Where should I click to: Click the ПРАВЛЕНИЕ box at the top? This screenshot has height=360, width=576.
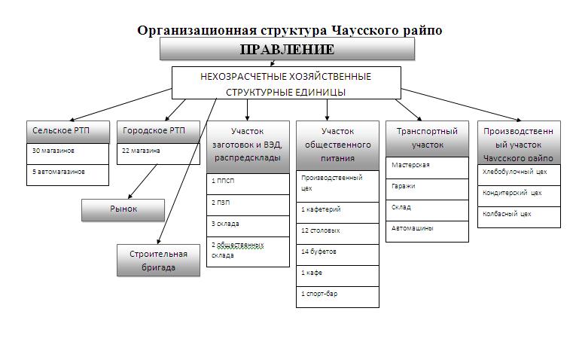(x=287, y=49)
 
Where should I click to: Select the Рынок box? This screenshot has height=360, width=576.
(x=123, y=209)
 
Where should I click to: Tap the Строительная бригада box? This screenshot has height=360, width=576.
(x=158, y=260)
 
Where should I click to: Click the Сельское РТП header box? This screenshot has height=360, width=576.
(x=68, y=131)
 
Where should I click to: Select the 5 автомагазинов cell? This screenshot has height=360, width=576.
(x=68, y=172)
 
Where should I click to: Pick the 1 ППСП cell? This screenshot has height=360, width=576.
(x=248, y=183)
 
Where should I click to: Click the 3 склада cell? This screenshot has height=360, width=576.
(x=248, y=225)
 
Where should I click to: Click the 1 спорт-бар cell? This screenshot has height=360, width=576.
(x=337, y=295)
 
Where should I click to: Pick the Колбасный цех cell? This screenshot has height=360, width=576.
(x=519, y=215)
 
